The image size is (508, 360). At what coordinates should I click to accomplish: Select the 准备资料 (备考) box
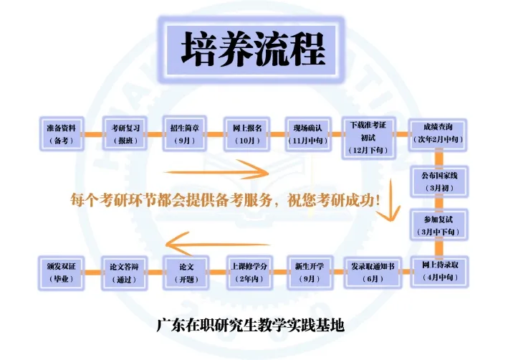(61, 134)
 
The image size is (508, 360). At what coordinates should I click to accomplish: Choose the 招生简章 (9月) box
(185, 134)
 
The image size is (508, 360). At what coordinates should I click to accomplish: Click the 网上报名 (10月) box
(247, 134)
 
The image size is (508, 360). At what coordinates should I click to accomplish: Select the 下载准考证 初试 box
(368, 134)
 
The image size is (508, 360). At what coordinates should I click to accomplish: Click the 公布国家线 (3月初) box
(438, 181)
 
